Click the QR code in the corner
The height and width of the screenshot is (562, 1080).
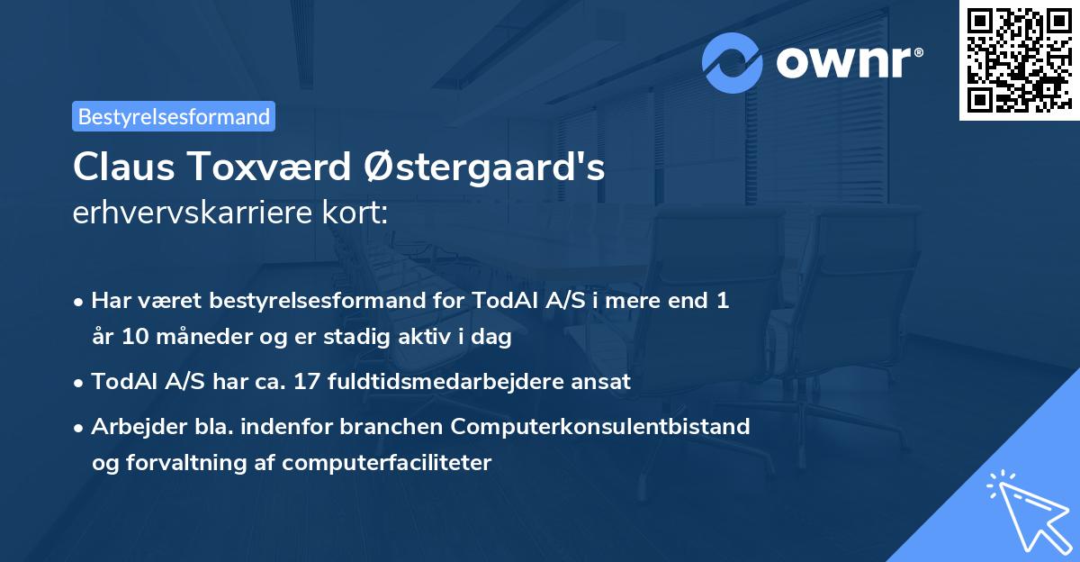(1019, 60)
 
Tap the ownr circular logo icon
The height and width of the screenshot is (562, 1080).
(733, 62)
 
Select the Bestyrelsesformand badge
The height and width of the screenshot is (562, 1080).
(174, 116)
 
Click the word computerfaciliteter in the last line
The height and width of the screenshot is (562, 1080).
(387, 463)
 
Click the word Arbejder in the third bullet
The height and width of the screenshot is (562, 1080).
(131, 426)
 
